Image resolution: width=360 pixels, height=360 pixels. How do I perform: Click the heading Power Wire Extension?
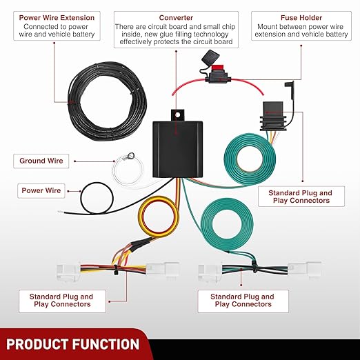[x=57, y=18]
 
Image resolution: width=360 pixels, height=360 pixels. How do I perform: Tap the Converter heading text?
[x=176, y=18]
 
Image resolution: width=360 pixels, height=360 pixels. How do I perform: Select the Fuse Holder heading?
[x=301, y=18]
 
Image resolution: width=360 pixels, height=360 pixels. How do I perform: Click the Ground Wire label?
[x=41, y=161]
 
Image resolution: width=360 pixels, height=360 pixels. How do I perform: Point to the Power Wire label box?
[x=41, y=190]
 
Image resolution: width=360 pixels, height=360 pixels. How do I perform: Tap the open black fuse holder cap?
[x=210, y=57]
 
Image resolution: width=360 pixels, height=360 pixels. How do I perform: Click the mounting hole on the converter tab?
[x=177, y=114]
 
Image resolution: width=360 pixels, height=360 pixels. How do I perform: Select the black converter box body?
[x=177, y=149]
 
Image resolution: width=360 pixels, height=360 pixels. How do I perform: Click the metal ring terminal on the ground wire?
[x=131, y=156]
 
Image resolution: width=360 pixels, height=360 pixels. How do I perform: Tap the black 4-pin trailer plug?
[x=273, y=117]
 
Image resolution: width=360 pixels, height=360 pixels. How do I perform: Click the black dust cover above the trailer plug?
[x=290, y=90]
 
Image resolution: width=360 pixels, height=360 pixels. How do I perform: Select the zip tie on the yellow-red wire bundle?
[x=115, y=270]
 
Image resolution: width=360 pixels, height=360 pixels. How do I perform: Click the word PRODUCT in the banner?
[x=38, y=344]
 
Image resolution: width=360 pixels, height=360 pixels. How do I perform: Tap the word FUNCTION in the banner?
[x=106, y=344]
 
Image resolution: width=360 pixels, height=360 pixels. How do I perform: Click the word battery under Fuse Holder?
[x=337, y=34]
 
